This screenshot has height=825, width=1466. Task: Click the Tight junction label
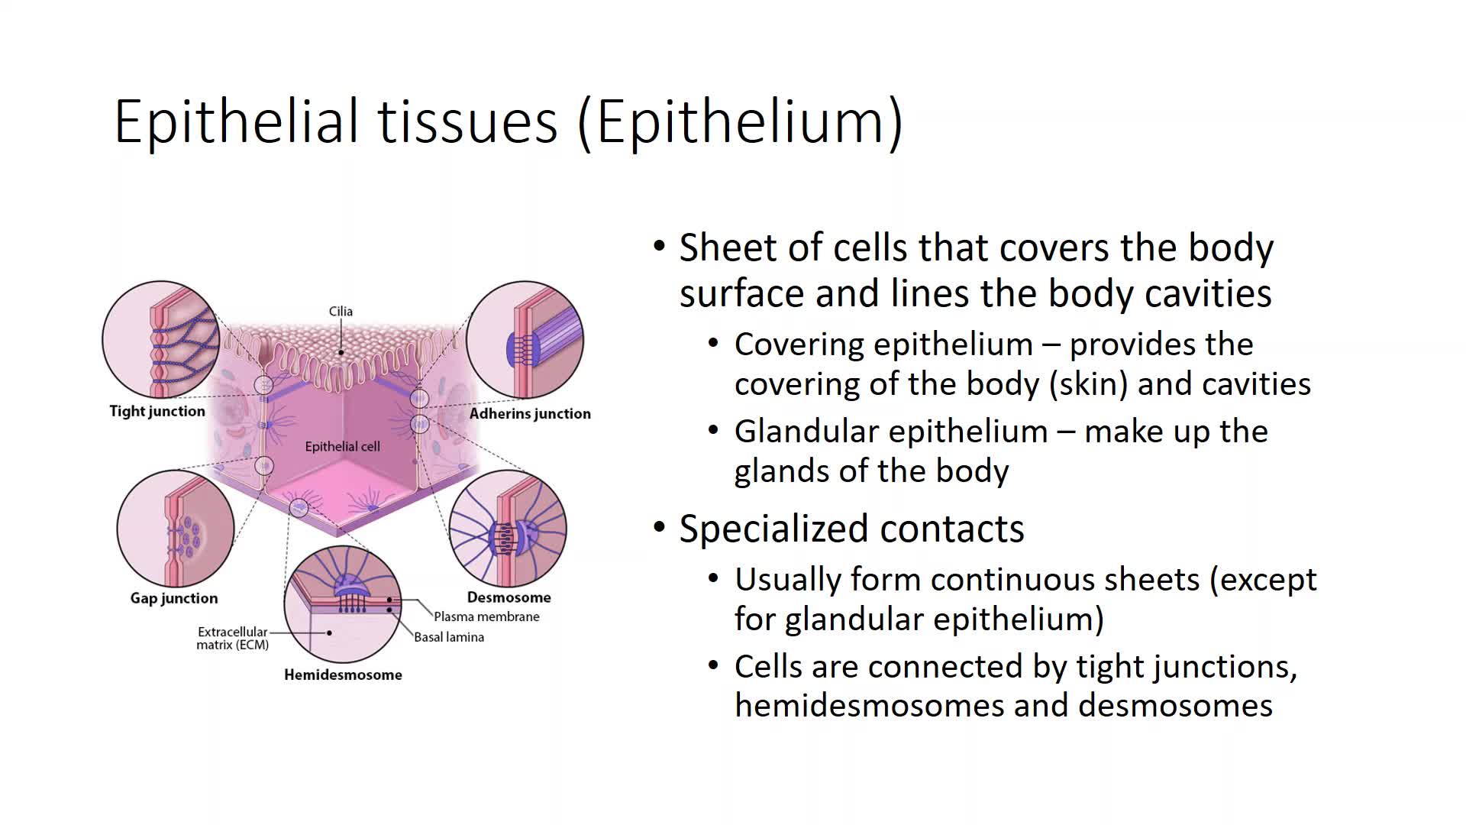[x=157, y=411]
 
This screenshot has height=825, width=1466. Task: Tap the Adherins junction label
[x=530, y=413]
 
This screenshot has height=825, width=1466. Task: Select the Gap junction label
[x=174, y=598]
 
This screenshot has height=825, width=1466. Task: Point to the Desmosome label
[x=509, y=597]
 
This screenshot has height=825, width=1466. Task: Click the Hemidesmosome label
[x=343, y=675]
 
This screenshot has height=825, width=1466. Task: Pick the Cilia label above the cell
[x=341, y=311]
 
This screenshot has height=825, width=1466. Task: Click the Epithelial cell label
[x=342, y=447]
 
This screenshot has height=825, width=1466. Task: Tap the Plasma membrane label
[x=486, y=616]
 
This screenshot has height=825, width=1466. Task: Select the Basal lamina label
[x=449, y=637]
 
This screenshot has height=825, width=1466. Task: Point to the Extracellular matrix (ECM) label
[x=233, y=638]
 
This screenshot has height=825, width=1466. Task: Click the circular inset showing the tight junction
[x=160, y=339]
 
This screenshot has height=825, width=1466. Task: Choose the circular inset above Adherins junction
[x=525, y=339]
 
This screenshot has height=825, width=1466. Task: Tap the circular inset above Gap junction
[x=176, y=529]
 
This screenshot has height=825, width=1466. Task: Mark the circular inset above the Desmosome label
[x=508, y=529]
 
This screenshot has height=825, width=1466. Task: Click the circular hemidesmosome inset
[x=343, y=604]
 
